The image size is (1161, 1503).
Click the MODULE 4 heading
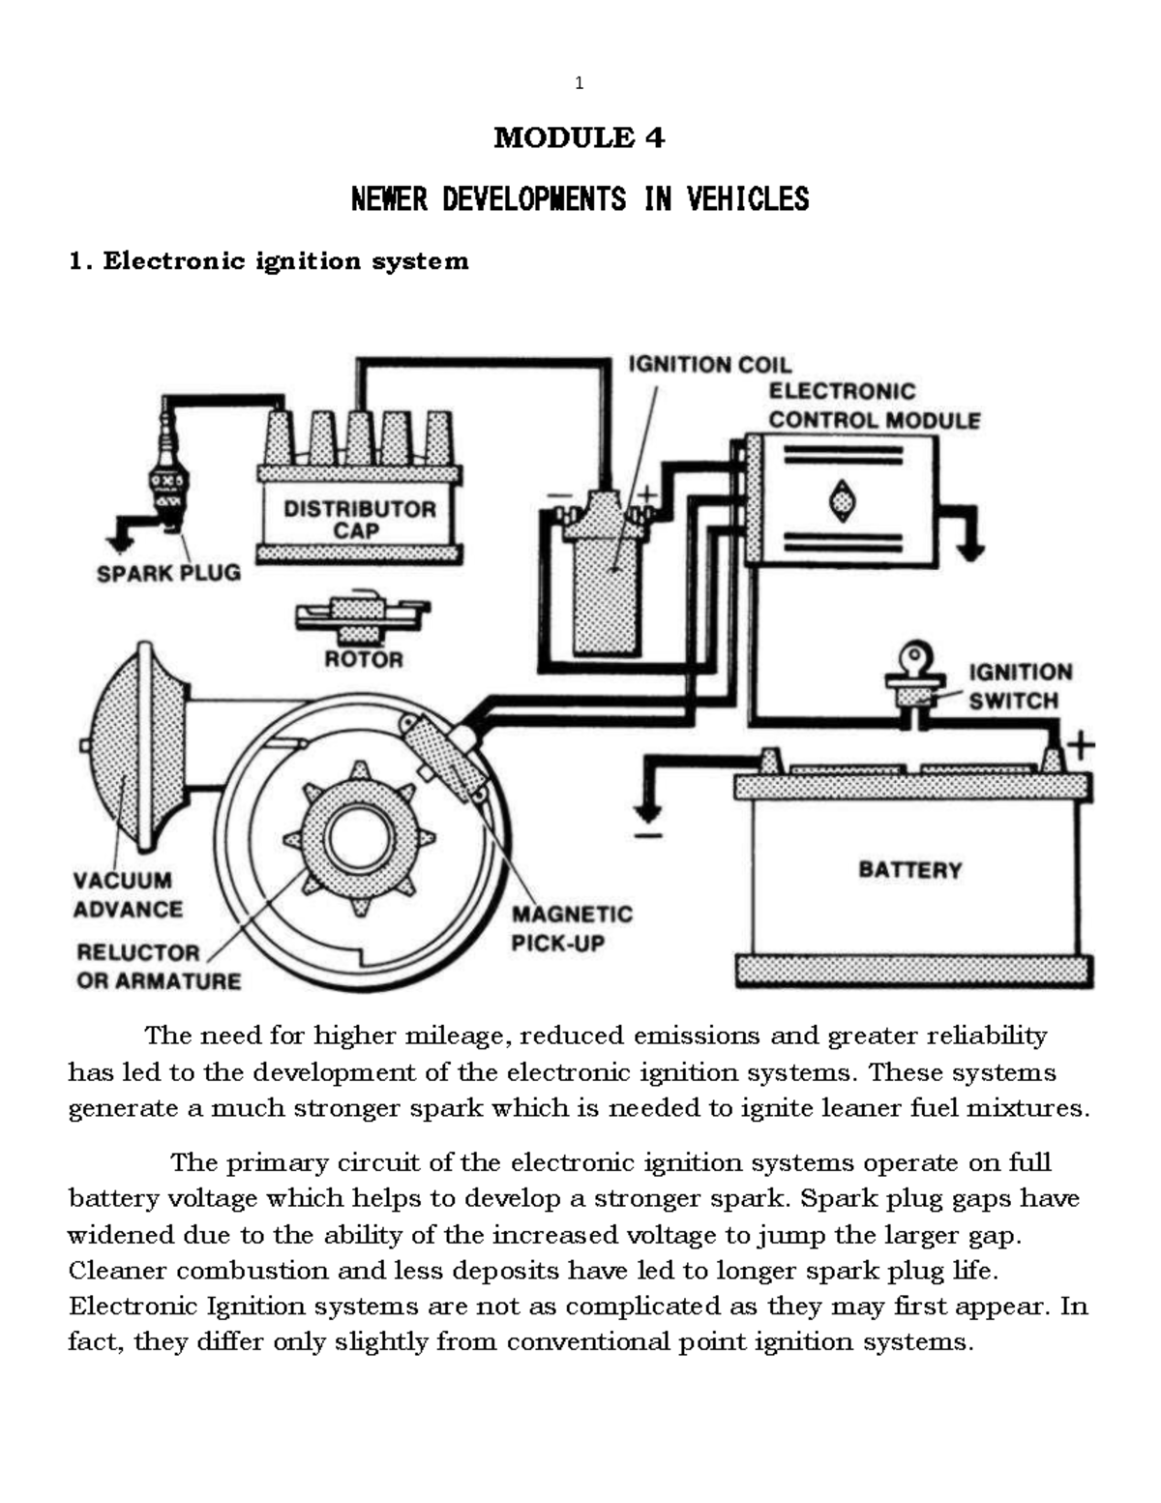pos(579,138)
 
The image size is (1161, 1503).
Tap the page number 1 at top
pos(579,83)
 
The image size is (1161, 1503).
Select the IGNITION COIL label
pos(709,365)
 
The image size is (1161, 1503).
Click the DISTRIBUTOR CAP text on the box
pos(359,520)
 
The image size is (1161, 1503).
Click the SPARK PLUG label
pos(168,573)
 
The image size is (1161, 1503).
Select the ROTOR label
pos(363,660)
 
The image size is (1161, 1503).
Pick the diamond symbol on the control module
pos(843,500)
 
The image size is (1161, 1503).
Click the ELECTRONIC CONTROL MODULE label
pos(874,406)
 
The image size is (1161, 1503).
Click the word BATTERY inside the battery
pos(909,870)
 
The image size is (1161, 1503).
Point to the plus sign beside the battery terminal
pos(1080,746)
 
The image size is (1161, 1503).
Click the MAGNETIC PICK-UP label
pos(572,928)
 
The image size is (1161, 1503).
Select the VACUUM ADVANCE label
pos(128,895)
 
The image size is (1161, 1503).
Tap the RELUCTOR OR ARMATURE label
pos(158,967)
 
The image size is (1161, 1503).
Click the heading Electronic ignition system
pos(268,261)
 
